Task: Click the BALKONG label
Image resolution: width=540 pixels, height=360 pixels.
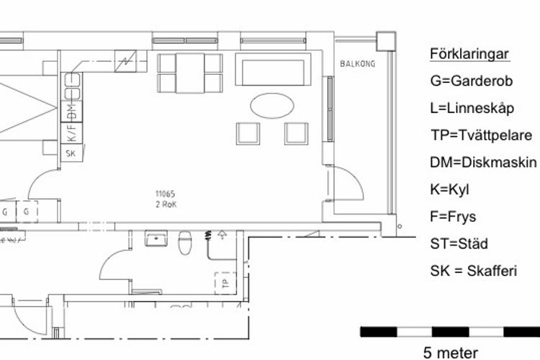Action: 357,64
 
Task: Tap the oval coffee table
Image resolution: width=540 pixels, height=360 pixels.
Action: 272,106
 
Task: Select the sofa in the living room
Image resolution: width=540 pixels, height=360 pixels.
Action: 273,69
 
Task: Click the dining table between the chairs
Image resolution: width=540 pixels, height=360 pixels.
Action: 190,73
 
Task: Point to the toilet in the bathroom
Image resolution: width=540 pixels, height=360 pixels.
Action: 185,243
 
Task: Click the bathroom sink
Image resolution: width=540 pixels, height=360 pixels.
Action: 156,238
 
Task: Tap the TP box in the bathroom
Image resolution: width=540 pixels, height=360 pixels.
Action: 225,283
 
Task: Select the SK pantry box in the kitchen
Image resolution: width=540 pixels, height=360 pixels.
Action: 71,153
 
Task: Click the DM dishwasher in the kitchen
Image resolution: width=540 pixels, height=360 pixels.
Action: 71,112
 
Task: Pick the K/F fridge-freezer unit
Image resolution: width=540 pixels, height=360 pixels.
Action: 71,133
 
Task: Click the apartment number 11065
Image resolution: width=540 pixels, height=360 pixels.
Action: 166,194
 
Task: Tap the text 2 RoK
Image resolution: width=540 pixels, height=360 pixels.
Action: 166,204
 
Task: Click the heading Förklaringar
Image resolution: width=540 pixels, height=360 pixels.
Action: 469,54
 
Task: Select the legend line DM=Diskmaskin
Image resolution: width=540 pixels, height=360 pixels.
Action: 483,162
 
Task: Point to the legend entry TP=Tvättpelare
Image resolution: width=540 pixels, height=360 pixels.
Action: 482,135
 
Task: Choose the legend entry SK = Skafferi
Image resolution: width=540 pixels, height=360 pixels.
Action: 474,271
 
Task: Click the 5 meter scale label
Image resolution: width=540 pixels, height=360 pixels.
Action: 451,353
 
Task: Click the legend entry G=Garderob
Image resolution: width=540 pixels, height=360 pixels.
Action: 472,81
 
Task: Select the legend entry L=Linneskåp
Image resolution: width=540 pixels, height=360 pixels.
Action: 472,109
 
